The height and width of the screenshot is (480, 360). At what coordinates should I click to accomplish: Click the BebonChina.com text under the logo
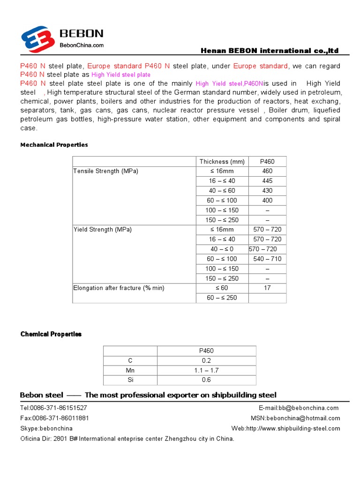click(x=81, y=45)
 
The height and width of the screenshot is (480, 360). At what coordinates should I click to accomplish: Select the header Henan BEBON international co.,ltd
click(x=269, y=51)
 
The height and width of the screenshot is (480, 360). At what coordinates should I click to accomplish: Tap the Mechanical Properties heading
click(x=54, y=145)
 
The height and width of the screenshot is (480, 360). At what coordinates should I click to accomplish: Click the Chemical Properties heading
click(x=51, y=334)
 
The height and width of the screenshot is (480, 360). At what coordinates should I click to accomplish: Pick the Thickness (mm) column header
click(x=222, y=162)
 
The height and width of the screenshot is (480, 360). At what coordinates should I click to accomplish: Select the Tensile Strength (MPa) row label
click(x=106, y=171)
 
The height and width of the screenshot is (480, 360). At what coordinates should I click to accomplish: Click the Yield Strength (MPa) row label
click(x=103, y=230)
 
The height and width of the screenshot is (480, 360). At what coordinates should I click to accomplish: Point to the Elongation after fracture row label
click(x=119, y=288)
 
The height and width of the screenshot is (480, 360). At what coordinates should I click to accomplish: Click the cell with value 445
click(x=267, y=181)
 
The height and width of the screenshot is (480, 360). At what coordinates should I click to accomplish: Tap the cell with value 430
click(x=267, y=191)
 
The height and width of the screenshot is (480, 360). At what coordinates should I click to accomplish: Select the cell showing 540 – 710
click(x=267, y=259)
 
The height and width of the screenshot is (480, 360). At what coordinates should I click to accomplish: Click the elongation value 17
click(x=267, y=288)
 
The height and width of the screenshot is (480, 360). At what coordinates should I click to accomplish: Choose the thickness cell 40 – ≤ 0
click(x=222, y=249)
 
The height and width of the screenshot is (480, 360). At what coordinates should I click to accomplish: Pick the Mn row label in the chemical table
click(x=130, y=370)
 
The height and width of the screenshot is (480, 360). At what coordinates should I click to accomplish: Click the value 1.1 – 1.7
click(x=206, y=370)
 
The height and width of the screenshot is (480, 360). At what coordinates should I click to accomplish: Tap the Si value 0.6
click(x=206, y=380)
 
